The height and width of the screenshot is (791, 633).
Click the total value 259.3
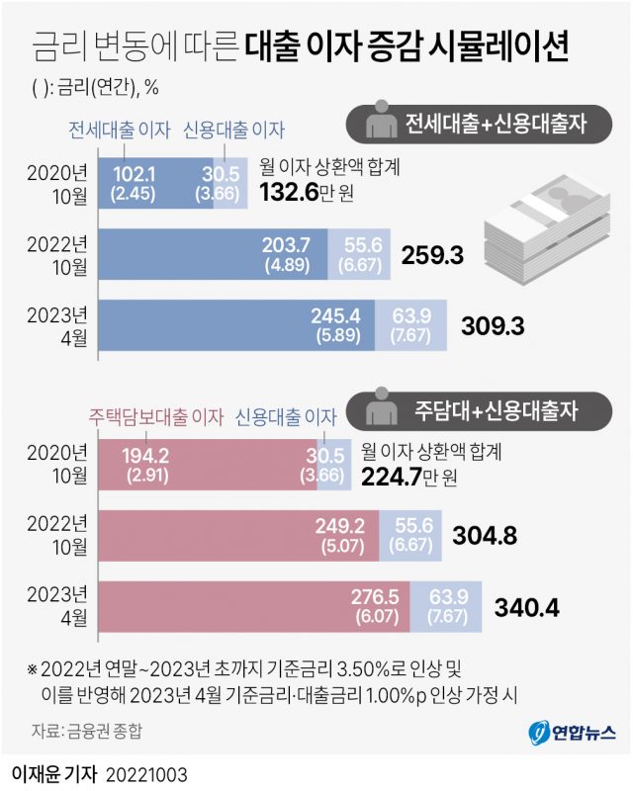(433, 256)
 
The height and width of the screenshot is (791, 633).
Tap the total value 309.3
(495, 324)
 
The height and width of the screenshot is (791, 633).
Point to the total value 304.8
(485, 535)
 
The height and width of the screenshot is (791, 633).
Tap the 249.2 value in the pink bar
(344, 526)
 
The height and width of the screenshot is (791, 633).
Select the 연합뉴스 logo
(573, 733)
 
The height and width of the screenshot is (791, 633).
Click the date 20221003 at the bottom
(143, 769)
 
